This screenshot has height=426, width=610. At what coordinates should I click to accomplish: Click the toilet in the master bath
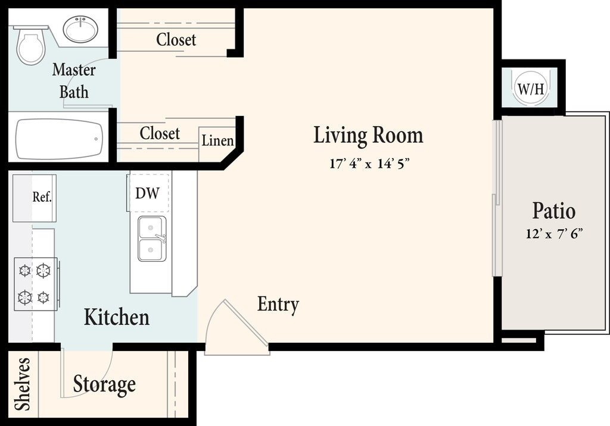point(30,45)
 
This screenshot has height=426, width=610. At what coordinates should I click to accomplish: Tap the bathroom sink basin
point(80,29)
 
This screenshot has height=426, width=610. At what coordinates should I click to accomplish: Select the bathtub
point(59,139)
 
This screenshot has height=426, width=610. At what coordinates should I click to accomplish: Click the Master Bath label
point(74,81)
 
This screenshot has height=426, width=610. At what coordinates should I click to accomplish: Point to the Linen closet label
point(217,140)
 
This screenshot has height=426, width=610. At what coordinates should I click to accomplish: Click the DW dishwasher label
point(148,193)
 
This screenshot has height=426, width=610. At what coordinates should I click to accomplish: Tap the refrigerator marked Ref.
point(35,198)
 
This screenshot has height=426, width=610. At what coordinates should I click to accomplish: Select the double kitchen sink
point(152,239)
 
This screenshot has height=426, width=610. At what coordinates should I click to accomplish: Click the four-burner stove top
point(36,284)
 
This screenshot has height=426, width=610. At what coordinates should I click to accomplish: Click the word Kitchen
point(117,317)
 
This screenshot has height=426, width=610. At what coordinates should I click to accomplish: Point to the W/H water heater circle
point(530,88)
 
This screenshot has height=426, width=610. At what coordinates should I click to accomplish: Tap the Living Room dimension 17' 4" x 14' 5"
point(369,164)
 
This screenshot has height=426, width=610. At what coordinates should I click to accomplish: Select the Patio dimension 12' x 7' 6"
point(554,234)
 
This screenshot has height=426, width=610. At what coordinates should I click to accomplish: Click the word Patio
point(553,211)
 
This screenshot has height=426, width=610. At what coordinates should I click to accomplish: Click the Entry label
point(278,305)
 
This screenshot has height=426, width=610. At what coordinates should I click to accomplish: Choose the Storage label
point(104,384)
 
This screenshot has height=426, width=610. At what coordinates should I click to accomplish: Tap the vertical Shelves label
point(22,384)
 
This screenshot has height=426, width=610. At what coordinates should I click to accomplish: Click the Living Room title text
point(368,135)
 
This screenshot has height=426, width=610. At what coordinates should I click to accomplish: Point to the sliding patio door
point(497,198)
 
